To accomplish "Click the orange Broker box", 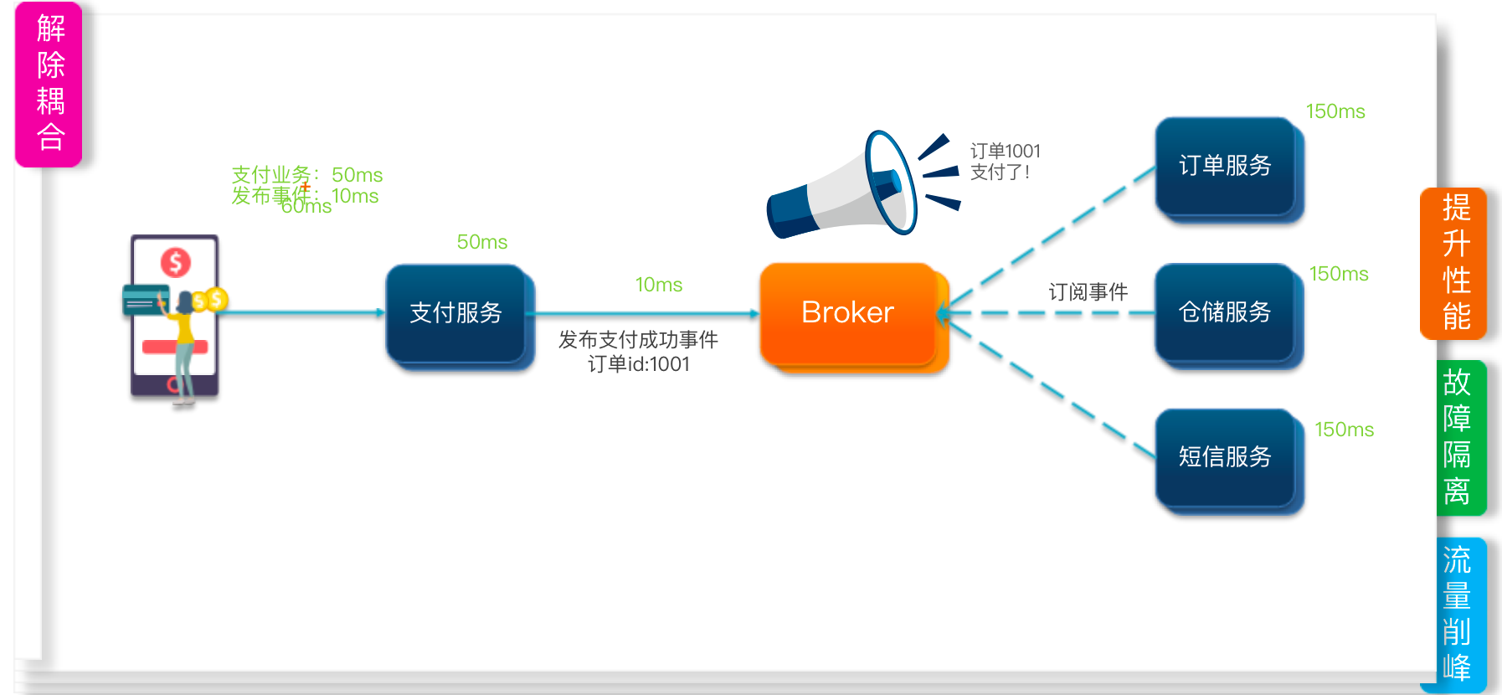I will (848, 314).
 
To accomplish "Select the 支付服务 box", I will (455, 314).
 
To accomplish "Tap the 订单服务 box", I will (1225, 166).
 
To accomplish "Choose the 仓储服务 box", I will (1225, 312).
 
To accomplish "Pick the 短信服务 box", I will (1225, 457).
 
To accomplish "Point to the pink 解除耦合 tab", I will (49, 84).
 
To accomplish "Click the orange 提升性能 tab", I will (1455, 263).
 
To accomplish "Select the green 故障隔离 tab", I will (1458, 437).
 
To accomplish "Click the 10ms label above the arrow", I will (659, 286).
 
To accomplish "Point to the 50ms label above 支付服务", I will (482, 243).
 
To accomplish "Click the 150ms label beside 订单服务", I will (1335, 112).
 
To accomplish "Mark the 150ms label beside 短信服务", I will (1344, 430).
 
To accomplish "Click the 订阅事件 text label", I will (1088, 292).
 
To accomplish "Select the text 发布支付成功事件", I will (638, 340).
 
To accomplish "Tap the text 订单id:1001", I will (638, 365).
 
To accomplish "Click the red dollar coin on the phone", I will (176, 263).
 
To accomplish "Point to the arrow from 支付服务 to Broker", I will (645, 314).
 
